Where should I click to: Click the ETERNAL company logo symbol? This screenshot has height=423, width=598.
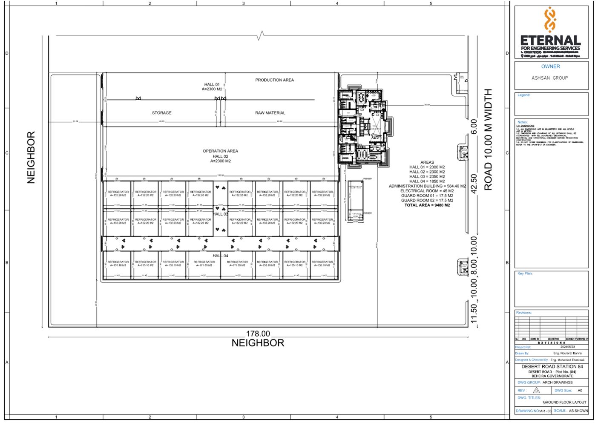[x=550, y=19]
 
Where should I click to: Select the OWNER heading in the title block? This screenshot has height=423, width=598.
[x=550, y=66]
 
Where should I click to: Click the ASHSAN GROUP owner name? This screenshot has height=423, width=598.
[x=549, y=78]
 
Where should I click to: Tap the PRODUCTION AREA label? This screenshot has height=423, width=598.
[x=274, y=80]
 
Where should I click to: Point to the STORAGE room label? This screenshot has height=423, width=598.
[x=162, y=113]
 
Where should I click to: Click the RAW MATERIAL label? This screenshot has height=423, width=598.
[x=270, y=113]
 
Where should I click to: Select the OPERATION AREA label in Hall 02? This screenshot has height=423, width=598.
[x=220, y=151]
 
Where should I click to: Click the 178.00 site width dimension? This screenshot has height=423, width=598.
[x=258, y=334]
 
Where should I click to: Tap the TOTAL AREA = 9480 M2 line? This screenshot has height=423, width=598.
[x=427, y=205]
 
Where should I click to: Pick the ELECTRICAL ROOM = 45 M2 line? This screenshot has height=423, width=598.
[x=427, y=191]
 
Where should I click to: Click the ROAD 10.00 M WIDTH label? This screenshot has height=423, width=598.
[x=488, y=140]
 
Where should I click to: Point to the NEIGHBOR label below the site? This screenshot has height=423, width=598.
[x=258, y=343]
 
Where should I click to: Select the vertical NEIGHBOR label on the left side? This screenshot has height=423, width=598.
[x=31, y=158]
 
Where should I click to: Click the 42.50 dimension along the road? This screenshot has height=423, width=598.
[x=474, y=184]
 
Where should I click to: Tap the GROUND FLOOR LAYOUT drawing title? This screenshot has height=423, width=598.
[x=564, y=402]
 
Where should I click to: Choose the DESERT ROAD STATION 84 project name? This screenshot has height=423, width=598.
[x=552, y=366]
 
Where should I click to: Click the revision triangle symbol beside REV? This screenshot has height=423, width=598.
[x=536, y=391]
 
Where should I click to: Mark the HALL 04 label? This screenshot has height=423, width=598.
[x=220, y=256]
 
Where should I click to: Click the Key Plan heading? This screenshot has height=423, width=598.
[x=525, y=273]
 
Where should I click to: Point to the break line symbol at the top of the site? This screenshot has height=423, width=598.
[x=261, y=35]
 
